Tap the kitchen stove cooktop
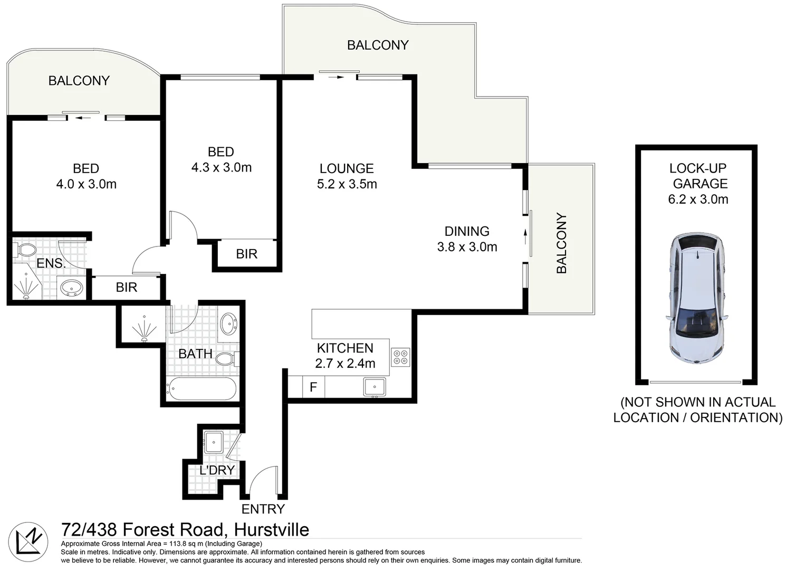pos(400,357)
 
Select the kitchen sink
pos(375,387)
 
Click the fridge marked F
pos(313,387)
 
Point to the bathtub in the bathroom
pos(202,389)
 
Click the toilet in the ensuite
pos(25,250)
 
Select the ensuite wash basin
pos(71,288)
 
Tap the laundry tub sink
pos(214,442)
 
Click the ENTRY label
pos(263,509)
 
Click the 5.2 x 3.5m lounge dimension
pos(347,184)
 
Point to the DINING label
pos(467,231)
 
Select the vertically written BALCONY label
pos(561,243)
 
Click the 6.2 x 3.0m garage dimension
pos(698,199)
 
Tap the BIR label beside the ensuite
pos(127,288)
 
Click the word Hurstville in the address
pos(271,529)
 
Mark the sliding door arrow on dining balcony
pos(525,236)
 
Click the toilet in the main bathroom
pos(226,359)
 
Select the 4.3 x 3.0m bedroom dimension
pos(221,168)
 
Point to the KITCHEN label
pos(345,348)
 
